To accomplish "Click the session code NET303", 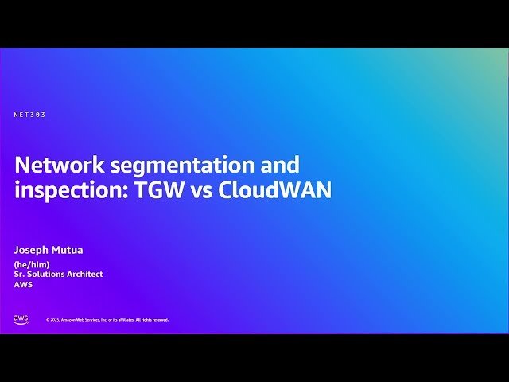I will (29, 115).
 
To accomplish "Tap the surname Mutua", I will (68, 250).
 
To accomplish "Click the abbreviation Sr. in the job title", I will (18, 275).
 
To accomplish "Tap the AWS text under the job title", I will (23, 285).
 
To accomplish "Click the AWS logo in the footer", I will (21, 319).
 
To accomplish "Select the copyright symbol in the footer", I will (48, 320).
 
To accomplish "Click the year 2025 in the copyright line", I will (55, 320).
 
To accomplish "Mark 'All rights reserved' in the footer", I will (152, 320).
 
